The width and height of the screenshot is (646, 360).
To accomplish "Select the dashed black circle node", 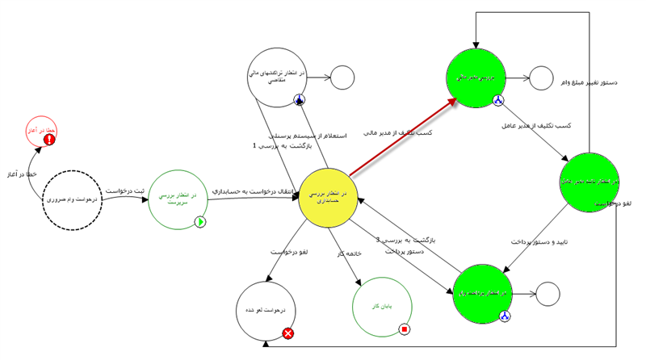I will [73, 199].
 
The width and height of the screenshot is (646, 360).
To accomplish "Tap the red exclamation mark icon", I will [49, 140].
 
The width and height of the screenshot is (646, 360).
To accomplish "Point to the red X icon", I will [288, 333].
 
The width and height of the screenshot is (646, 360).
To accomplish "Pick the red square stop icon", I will [405, 329].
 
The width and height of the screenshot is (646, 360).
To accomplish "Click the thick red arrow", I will [401, 136].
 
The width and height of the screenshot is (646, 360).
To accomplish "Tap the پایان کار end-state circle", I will [383, 308].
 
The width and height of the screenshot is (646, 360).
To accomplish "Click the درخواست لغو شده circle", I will [266, 312].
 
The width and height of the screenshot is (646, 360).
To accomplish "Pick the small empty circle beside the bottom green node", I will [547, 294].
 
